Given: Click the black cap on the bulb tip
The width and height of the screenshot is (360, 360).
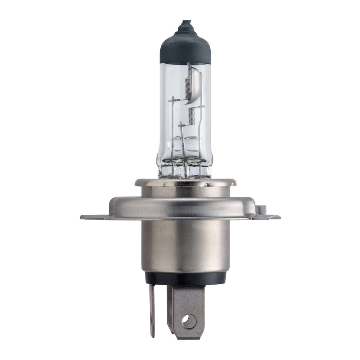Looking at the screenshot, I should [185, 47].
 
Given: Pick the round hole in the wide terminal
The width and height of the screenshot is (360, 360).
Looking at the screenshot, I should [189, 322].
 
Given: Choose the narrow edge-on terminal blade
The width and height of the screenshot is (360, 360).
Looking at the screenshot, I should [152, 311].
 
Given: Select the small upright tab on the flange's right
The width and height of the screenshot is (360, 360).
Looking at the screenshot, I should [261, 209].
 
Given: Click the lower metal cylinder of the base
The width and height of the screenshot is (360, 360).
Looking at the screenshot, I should [185, 246].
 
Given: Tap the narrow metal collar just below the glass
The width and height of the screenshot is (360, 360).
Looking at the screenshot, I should [185, 182].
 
